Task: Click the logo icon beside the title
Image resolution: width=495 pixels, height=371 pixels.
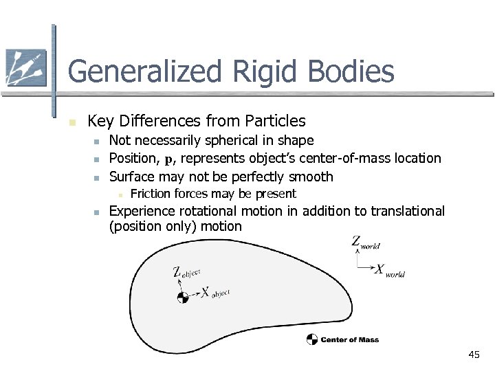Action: tap(25, 68)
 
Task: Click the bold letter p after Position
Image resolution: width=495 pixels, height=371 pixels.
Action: tap(168, 159)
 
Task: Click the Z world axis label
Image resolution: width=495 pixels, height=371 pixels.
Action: tap(365, 243)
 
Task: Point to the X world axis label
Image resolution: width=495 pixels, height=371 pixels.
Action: tap(389, 271)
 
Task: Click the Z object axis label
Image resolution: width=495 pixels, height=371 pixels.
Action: tap(186, 273)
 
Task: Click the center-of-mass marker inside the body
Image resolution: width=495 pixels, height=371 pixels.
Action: tap(182, 297)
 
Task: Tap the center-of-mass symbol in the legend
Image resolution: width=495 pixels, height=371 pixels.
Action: tap(312, 339)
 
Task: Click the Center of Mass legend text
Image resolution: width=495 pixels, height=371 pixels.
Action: tap(349, 339)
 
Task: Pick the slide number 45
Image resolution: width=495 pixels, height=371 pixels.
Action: tap(473, 355)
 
